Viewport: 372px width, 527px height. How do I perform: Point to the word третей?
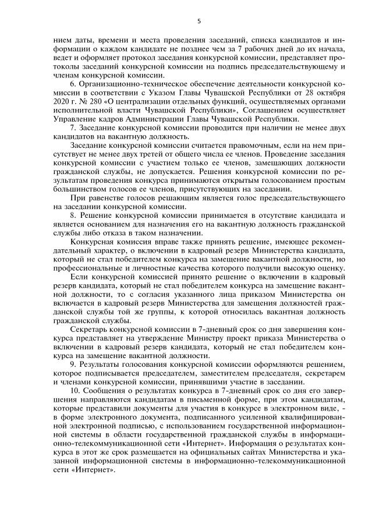point(144,149)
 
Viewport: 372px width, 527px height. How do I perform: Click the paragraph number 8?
point(72,208)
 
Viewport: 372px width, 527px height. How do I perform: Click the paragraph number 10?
point(74,387)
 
